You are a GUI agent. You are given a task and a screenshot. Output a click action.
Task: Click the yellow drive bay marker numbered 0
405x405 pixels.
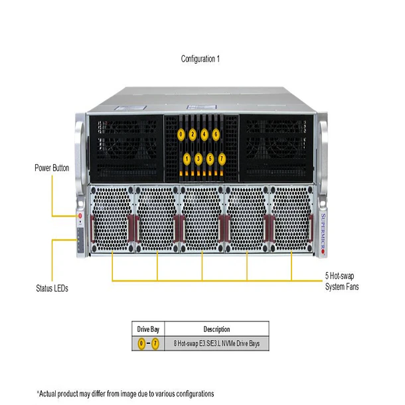click(x=181, y=134)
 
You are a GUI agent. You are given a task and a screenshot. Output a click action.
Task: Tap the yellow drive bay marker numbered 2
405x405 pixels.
click(x=193, y=134)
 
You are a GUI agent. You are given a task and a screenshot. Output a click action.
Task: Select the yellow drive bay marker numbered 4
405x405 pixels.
click(x=204, y=134)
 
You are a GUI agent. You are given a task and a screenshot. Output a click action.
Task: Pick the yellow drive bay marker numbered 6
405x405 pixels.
click(x=216, y=134)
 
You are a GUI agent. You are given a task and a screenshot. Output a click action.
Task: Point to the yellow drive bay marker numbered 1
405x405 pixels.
click(x=187, y=159)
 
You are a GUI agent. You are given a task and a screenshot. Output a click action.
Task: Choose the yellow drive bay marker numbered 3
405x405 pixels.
click(x=199, y=159)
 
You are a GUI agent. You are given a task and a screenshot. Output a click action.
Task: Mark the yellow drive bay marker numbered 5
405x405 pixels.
click(x=210, y=159)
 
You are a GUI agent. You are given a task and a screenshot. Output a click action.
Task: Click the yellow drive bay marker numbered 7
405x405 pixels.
click(x=222, y=159)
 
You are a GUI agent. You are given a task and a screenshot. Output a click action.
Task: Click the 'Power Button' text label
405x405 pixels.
click(x=52, y=168)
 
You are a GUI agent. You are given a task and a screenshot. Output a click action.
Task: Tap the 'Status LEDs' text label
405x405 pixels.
click(x=52, y=289)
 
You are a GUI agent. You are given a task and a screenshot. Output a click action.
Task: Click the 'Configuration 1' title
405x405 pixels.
click(x=201, y=59)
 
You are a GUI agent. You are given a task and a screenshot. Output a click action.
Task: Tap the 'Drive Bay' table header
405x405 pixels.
click(x=148, y=329)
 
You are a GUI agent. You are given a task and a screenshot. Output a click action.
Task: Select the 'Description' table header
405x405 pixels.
click(x=216, y=329)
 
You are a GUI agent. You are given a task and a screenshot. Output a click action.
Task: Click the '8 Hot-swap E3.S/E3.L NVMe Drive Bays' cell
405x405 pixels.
click(x=216, y=344)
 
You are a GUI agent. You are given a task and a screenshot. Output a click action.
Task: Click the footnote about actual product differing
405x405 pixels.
click(x=125, y=393)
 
